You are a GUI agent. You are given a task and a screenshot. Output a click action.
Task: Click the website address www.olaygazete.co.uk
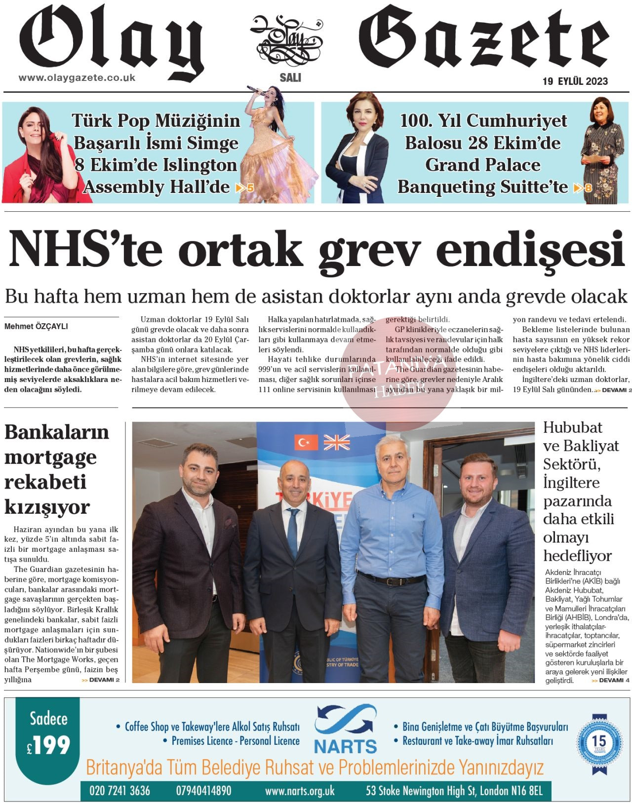[77, 78]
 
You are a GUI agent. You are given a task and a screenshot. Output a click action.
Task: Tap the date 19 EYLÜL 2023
[575, 81]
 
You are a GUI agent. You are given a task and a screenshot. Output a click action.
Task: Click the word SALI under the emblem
[290, 78]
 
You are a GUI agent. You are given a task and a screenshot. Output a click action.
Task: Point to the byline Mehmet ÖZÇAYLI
[36, 326]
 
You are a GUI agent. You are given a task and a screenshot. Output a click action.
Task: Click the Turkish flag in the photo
[306, 442]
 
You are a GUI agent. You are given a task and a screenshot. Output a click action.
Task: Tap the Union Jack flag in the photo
[337, 442]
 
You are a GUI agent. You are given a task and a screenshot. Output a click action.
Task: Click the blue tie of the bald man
[293, 533]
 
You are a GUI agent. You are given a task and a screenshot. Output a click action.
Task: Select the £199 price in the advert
[49, 745]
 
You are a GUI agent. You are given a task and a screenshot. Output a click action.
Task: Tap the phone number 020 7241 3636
[119, 791]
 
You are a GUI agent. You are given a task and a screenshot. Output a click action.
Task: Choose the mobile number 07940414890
[203, 791]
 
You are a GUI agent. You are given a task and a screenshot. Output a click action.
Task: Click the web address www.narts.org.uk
[300, 791]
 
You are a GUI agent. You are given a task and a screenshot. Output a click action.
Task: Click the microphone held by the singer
[255, 89]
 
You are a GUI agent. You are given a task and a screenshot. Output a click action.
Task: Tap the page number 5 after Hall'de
[250, 188]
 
